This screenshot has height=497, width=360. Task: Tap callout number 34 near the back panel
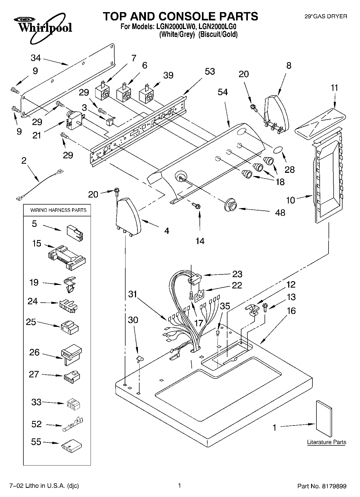tap(35, 58)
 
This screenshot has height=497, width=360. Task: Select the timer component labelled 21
tap(73, 121)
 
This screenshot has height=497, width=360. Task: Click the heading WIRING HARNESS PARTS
tap(58, 210)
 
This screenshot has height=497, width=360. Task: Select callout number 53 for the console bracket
tap(210, 71)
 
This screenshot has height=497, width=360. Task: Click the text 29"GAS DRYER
tap(326, 17)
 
